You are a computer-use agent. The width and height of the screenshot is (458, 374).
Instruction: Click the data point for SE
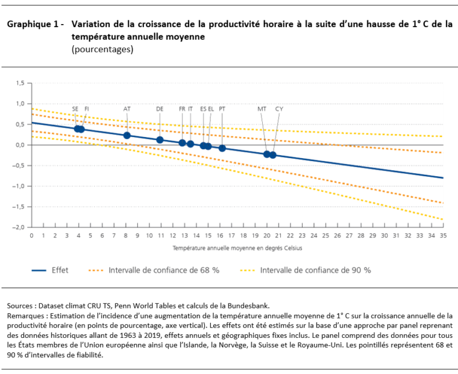78,129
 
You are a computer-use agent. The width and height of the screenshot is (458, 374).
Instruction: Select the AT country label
127,109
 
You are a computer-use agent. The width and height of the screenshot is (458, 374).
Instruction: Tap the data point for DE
160,140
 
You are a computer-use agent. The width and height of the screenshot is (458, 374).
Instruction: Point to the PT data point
222,148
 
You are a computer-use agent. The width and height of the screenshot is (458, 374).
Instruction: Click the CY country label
279,109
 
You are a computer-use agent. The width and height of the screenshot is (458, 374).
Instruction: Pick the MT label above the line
262,109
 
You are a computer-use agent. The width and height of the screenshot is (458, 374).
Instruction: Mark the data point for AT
127,135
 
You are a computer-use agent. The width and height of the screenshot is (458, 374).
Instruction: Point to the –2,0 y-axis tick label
19,227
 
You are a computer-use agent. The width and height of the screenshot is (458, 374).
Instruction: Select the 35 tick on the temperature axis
443,236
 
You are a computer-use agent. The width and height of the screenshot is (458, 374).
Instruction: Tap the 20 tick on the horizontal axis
266,236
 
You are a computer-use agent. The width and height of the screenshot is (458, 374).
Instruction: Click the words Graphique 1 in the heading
33,25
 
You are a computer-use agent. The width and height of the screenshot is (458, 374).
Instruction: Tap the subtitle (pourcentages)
102,49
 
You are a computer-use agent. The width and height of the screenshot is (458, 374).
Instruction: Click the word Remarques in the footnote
27,315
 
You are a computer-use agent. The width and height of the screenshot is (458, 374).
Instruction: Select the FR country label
182,109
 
